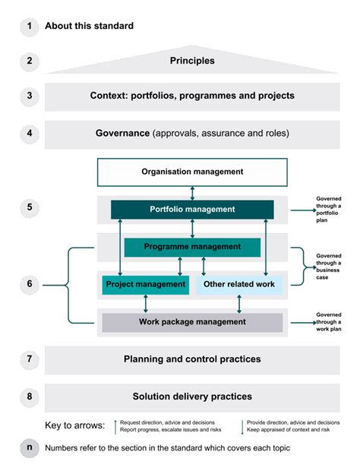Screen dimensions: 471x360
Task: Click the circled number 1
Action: pyautogui.click(x=29, y=26)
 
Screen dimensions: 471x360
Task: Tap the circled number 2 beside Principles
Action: pyautogui.click(x=29, y=61)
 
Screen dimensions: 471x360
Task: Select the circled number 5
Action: pyautogui.click(x=29, y=207)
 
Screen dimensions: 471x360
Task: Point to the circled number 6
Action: pyautogui.click(x=29, y=284)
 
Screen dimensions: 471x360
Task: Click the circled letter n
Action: pyautogui.click(x=29, y=447)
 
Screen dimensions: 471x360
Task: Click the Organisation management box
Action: pyautogui.click(x=192, y=172)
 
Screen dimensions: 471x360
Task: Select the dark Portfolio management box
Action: pyautogui.click(x=192, y=209)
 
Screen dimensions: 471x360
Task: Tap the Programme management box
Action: pyautogui.click(x=192, y=247)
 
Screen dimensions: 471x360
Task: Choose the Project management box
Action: pyautogui.click(x=145, y=284)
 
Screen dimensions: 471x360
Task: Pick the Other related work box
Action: pyautogui.click(x=240, y=284)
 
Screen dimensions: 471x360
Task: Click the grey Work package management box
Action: pyautogui.click(x=192, y=322)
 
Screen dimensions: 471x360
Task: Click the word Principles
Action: pyautogui.click(x=192, y=61)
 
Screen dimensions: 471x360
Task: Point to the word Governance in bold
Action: pyautogui.click(x=122, y=133)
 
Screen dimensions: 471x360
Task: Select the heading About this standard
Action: pyautogui.click(x=89, y=26)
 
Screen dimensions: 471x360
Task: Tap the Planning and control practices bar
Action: pyautogui.click(x=192, y=359)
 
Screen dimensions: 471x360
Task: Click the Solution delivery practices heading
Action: pyautogui.click(x=192, y=396)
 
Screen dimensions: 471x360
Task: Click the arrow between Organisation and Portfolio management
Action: pyautogui.click(x=192, y=191)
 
